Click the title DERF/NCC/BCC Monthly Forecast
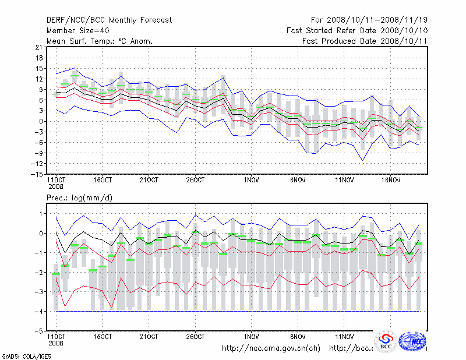(x=109, y=20)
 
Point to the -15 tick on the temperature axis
(x=37, y=174)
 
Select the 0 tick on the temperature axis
(x=40, y=121)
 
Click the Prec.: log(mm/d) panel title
(x=80, y=198)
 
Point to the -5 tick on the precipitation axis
(x=38, y=331)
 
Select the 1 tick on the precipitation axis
(x=40, y=214)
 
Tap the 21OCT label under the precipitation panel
(x=149, y=337)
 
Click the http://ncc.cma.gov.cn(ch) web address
(x=271, y=349)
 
